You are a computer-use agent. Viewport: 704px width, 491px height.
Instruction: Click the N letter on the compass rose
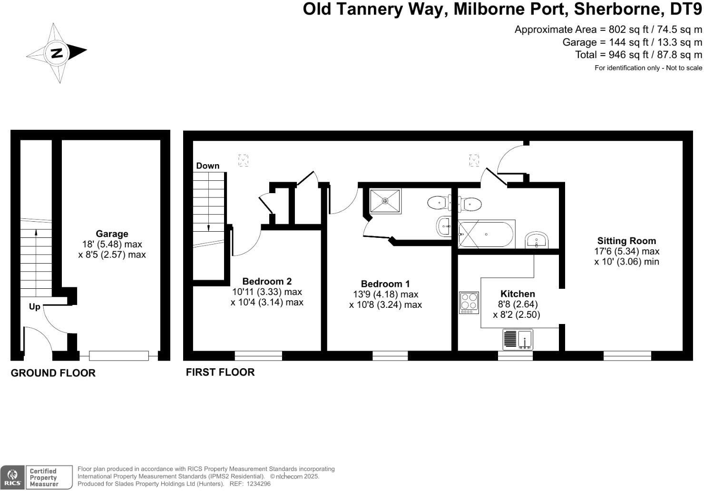pyautogui.click(x=57, y=52)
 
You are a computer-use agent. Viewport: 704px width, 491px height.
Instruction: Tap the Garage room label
pyautogui.click(x=112, y=234)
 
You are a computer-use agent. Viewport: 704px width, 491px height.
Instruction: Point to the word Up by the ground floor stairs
pyautogui.click(x=34, y=307)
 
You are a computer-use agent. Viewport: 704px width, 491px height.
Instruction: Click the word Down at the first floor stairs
pyautogui.click(x=208, y=166)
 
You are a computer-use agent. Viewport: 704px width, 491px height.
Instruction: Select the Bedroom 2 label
pyautogui.click(x=267, y=281)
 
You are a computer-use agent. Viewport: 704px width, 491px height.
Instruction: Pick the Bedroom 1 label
pyautogui.click(x=385, y=284)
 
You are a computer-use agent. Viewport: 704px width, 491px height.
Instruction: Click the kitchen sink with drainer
pyautogui.click(x=518, y=340)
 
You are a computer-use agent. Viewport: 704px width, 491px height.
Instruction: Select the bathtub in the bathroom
pyautogui.click(x=486, y=234)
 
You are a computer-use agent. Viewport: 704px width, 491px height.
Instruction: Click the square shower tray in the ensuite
pyautogui.click(x=385, y=201)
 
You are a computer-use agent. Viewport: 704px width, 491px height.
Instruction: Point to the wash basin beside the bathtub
pyautogui.click(x=538, y=240)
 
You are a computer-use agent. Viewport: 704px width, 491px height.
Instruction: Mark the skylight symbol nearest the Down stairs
pyautogui.click(x=243, y=160)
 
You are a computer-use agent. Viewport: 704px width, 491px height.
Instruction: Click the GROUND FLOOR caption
pyautogui.click(x=53, y=373)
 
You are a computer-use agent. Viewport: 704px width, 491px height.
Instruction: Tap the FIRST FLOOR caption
pyautogui.click(x=220, y=372)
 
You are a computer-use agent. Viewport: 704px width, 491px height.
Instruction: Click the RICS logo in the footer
pyautogui.click(x=12, y=478)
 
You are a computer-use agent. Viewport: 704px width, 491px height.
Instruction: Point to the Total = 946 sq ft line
pyautogui.click(x=638, y=55)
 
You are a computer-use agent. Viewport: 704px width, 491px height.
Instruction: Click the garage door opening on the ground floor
pyautogui.click(x=119, y=355)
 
